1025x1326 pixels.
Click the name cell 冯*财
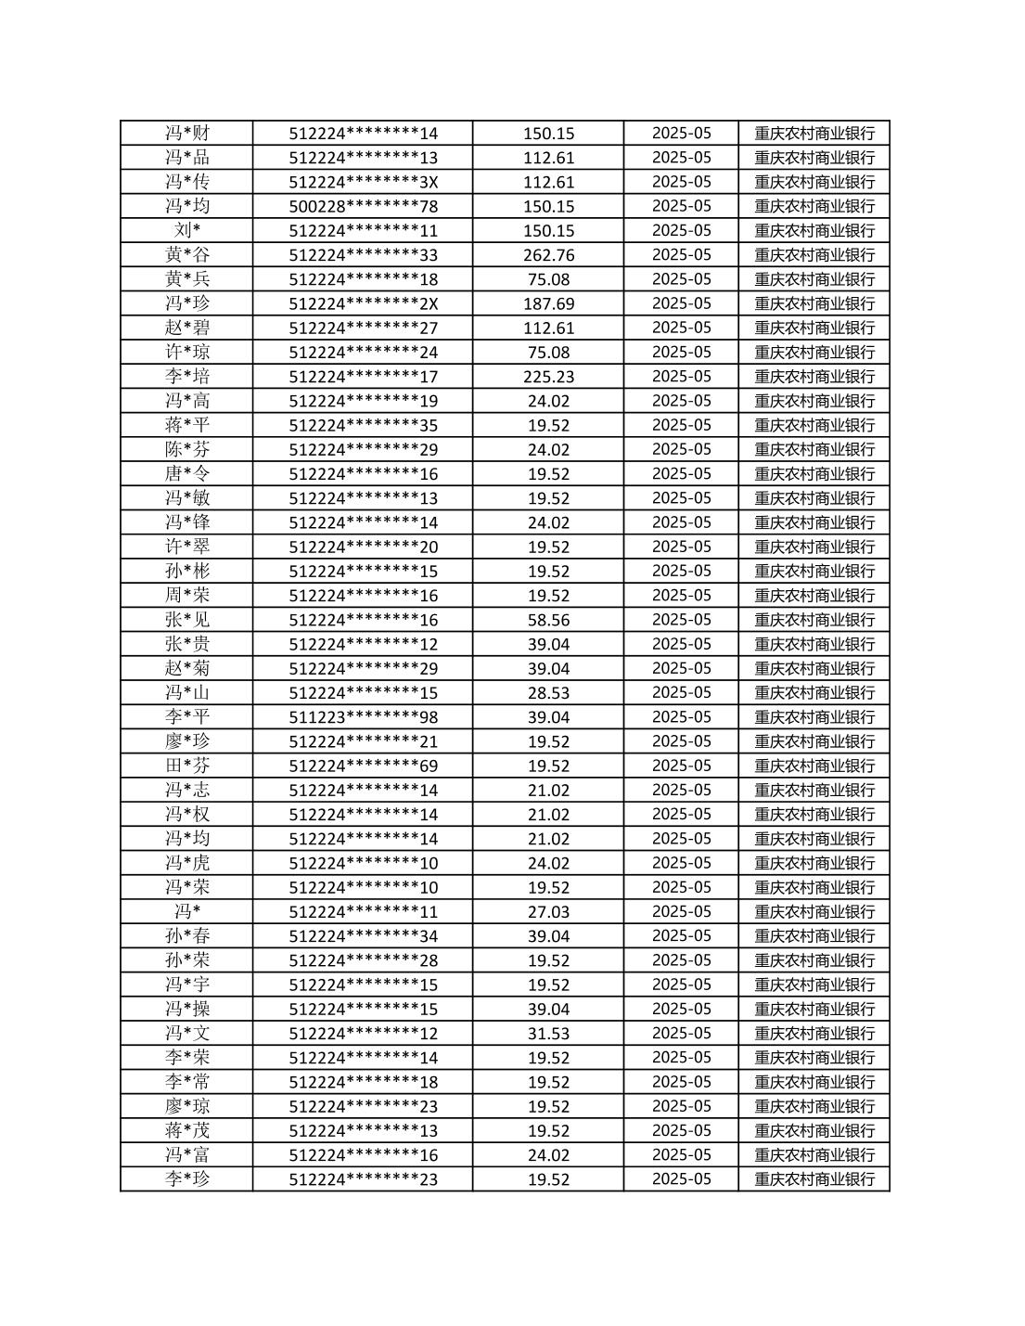pos(187,134)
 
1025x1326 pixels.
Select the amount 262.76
pos(548,255)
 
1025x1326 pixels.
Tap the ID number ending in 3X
pos(363,182)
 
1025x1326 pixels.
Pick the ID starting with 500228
pos(363,206)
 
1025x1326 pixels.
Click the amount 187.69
pos(548,303)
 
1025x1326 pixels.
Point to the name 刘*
pos(187,230)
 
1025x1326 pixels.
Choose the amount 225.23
pos(548,377)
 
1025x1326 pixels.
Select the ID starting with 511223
pos(363,717)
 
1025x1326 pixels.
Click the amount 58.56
pos(548,620)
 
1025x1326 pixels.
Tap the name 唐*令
pos(187,474)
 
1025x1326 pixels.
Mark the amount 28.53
pos(548,693)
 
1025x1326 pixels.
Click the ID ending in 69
pos(363,766)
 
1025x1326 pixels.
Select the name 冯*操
pos(187,1009)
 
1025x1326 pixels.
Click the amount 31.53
pos(548,1034)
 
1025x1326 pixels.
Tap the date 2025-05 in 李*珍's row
pos(681,1179)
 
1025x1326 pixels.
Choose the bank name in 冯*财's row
pos(814,134)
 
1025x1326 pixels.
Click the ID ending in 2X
pos(363,303)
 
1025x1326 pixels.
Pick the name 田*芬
pos(187,766)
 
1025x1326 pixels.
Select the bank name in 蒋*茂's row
pos(814,1130)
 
